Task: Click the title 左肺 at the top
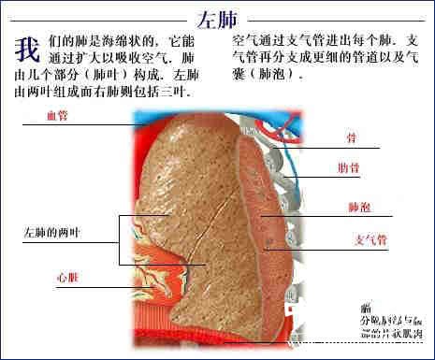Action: [218, 20]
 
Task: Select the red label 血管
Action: [58, 115]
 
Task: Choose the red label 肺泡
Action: [358, 207]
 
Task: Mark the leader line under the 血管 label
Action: [84, 125]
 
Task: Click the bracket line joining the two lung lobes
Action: [120, 239]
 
